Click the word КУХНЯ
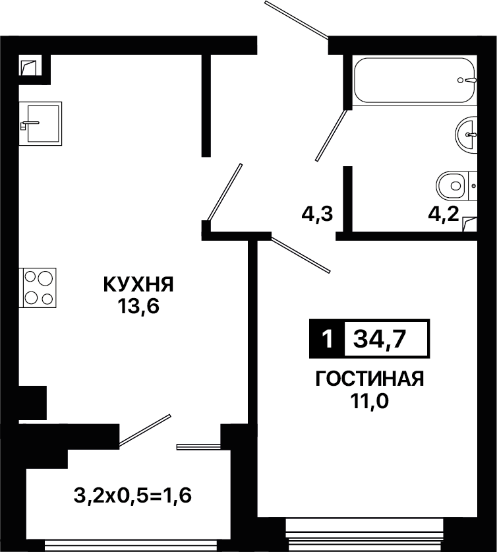138,284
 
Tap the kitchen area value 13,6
138,306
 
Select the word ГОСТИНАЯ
370,379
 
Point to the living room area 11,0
369,400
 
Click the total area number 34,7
380,340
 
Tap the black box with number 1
327,339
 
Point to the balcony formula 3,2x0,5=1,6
132,496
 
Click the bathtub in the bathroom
415,80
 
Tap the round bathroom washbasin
467,135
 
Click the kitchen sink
41,123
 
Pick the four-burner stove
40,288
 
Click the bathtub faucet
467,80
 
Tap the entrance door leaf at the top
297,19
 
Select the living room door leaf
301,255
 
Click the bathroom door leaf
332,136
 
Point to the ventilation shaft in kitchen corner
28,67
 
